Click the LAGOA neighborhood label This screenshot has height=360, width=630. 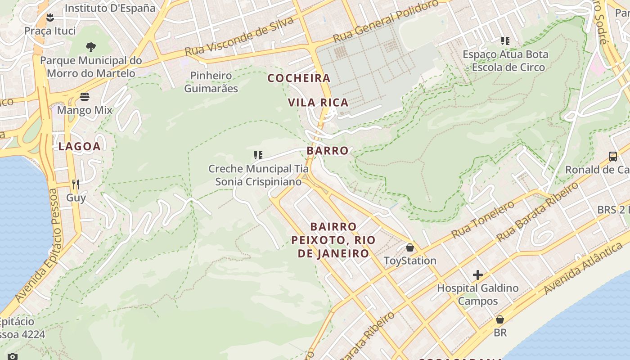[79, 146]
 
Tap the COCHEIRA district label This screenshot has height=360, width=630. [299, 78]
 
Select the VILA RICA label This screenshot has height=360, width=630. [318, 103]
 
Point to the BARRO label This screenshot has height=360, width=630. [328, 151]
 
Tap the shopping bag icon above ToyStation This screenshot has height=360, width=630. [410, 247]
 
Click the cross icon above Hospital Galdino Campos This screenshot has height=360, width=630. [478, 274]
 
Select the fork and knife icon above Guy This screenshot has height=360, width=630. [76, 184]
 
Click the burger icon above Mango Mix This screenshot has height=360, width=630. [85, 97]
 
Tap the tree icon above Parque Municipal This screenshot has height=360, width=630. [91, 47]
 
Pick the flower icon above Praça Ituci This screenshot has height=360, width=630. [50, 18]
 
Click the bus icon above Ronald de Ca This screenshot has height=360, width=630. [613, 157]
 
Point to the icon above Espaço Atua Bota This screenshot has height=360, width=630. [505, 41]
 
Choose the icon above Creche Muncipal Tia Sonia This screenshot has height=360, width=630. [258, 155]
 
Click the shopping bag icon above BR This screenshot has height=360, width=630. [500, 319]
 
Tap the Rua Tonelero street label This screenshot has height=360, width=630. [483, 220]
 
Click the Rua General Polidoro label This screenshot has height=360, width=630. [386, 21]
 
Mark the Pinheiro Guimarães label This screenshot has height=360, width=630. [211, 82]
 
